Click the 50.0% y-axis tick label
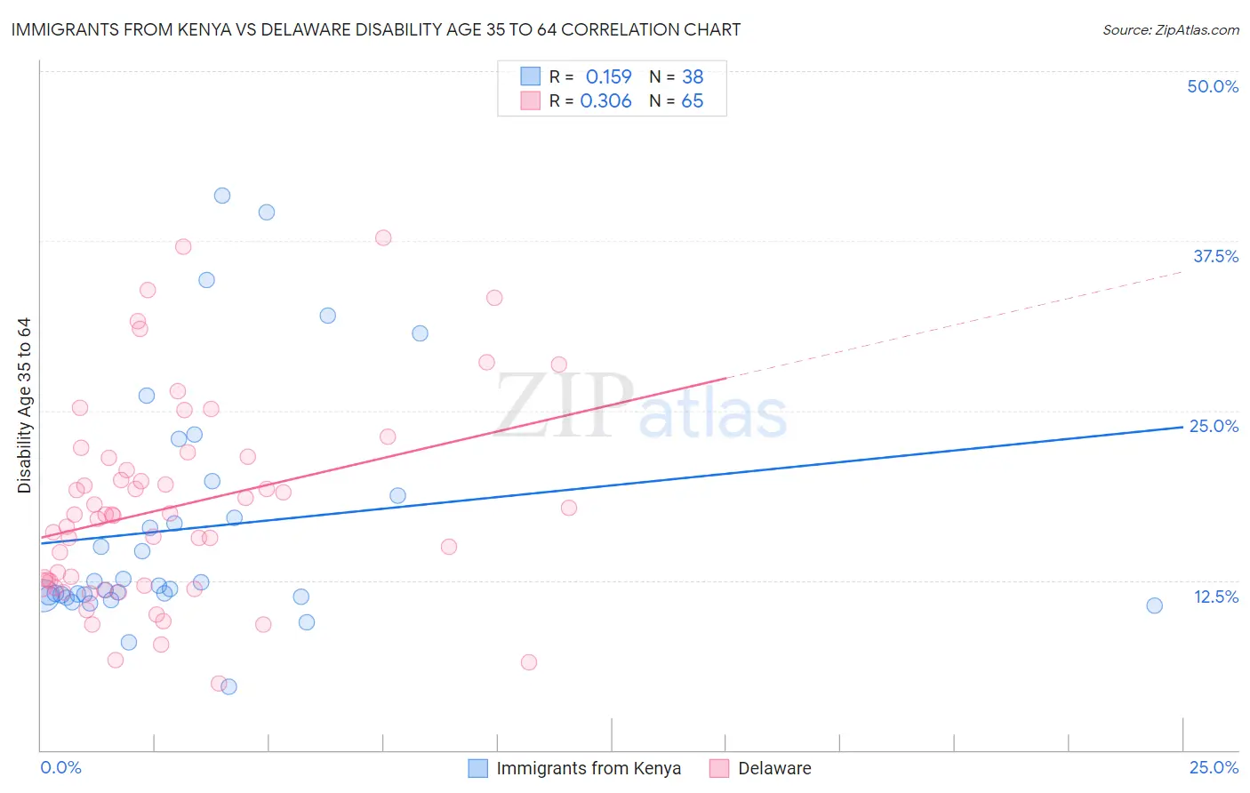coord(1213,86)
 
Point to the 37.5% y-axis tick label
coord(1215,256)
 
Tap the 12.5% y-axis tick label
coord(1215,597)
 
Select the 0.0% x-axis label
coord(60,767)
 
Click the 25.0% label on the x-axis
coord(1214,767)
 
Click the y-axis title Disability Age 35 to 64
coord(24,405)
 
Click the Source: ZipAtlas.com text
coord(1170,29)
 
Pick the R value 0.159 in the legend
coord(608,76)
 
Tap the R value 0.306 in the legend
coord(605,100)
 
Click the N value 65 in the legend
coord(692,100)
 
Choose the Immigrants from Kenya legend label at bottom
coord(589,768)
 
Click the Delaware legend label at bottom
coord(774,768)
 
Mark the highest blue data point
coord(222,196)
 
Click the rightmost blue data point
coord(1154,605)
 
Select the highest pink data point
coord(383,237)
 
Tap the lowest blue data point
coord(228,686)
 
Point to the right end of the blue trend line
coord(1182,427)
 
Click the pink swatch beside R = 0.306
coord(531,100)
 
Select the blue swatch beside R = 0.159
coord(531,76)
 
